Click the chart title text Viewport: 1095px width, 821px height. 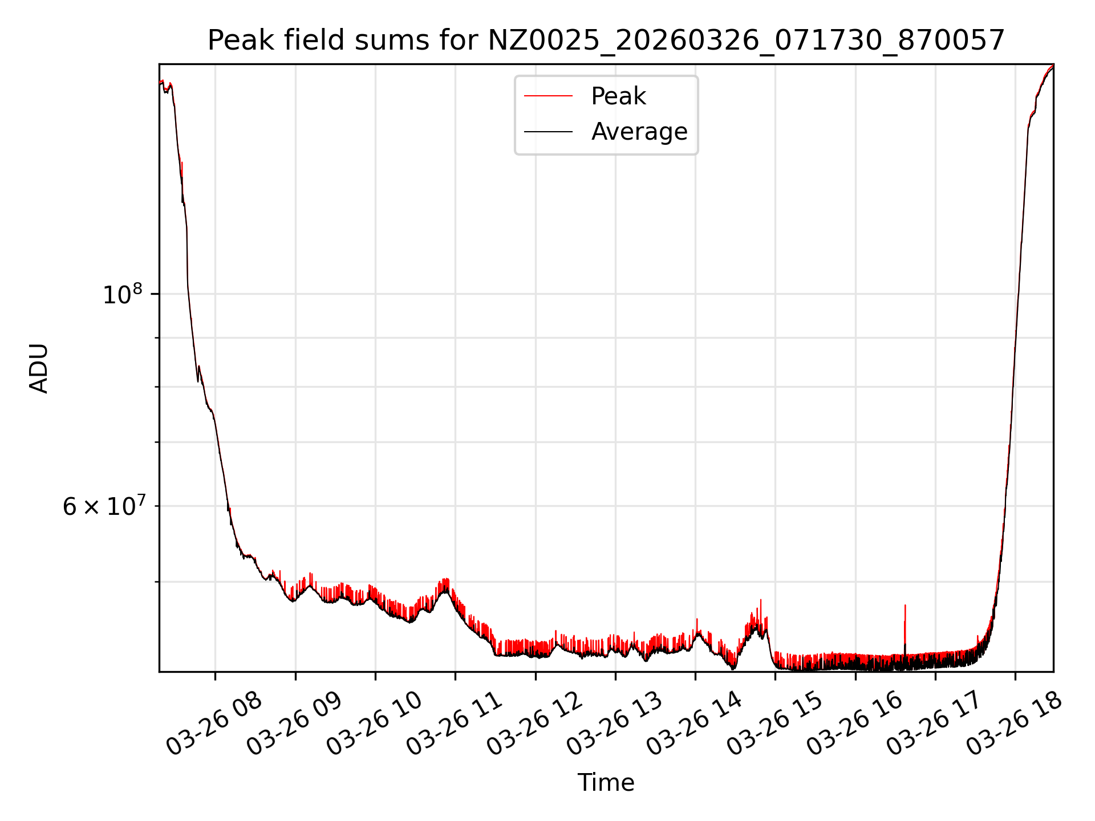606,40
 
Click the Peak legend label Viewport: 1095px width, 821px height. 618,96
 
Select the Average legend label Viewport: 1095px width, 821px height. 639,132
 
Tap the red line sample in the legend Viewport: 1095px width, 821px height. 548,96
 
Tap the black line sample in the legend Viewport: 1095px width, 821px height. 548,132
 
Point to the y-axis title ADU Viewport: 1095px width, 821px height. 39,368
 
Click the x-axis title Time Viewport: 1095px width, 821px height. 606,783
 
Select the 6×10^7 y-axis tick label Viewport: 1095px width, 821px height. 104,506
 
